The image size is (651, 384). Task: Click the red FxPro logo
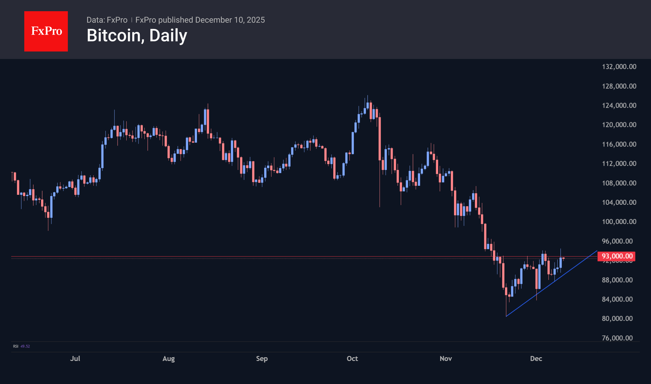tap(46, 31)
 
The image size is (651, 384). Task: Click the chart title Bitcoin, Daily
tap(137, 35)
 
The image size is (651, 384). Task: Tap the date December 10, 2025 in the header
tap(230, 20)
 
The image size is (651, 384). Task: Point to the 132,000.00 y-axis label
tap(619, 67)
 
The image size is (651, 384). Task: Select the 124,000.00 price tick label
tap(619, 105)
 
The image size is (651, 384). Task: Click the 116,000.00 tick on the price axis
tap(619, 144)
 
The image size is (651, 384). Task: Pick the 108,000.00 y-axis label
tap(619, 183)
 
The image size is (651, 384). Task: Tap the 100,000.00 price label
tap(619, 222)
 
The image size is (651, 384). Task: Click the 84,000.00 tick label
tap(617, 299)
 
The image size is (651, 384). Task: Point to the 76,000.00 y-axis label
tap(617, 338)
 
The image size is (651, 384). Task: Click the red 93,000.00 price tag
tap(617, 256)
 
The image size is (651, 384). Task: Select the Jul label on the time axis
tap(75, 358)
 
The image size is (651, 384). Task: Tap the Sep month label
tap(262, 358)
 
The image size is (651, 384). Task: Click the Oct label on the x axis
tap(352, 358)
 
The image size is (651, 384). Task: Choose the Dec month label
tap(536, 358)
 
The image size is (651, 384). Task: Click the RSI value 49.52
tap(25, 346)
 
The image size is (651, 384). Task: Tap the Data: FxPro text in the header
tap(107, 20)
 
